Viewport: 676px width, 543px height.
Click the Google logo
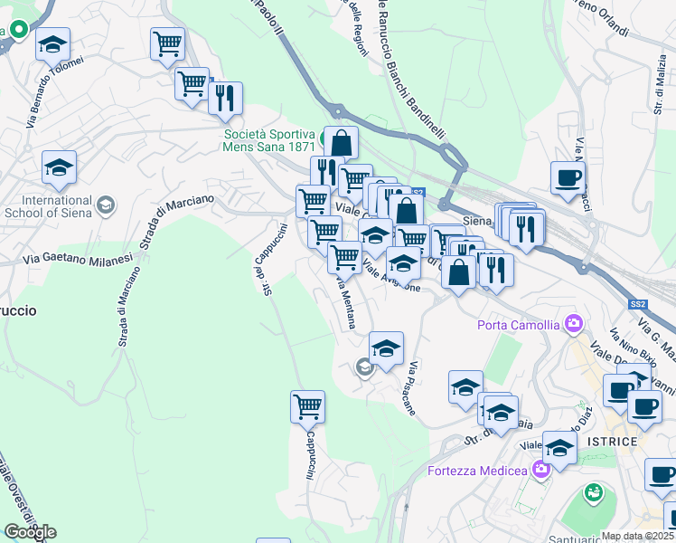tap(30, 532)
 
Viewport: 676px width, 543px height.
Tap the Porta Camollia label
tap(519, 325)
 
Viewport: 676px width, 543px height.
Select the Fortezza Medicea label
tap(477, 471)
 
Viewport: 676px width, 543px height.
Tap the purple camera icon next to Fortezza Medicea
tap(540, 468)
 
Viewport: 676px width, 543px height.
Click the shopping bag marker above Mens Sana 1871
tap(342, 144)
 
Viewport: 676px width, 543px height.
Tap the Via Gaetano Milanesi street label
tap(79, 259)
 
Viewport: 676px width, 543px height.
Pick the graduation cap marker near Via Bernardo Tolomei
tap(52, 43)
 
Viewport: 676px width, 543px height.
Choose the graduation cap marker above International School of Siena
tap(59, 167)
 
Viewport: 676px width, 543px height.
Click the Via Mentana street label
tap(344, 302)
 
